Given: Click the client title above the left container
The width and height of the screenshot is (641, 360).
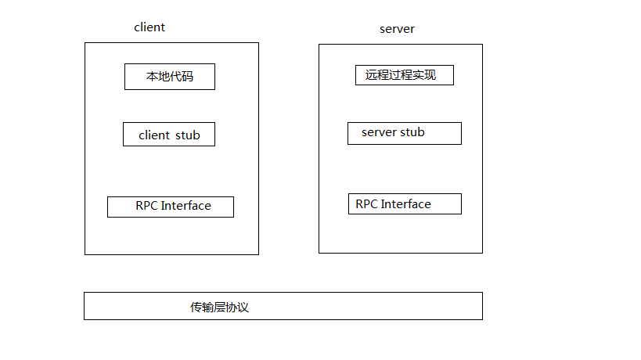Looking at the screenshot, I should [149, 27].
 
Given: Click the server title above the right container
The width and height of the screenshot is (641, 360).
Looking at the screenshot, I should [397, 29].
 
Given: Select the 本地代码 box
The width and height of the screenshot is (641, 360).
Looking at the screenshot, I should [169, 77].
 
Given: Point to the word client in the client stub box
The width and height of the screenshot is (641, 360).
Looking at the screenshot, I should [154, 135].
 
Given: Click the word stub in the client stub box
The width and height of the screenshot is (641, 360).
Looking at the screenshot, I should [188, 135].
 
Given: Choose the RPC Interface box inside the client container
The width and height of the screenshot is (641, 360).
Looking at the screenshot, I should [171, 207].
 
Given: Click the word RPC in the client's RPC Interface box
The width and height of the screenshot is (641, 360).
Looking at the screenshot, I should [146, 206].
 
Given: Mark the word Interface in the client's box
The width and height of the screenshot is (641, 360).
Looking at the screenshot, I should [186, 206].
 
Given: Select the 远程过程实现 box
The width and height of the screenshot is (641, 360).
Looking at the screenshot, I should [404, 75].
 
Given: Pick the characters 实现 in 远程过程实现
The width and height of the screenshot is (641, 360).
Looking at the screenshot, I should [423, 75].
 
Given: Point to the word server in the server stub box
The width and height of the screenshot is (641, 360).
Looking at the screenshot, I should [379, 132].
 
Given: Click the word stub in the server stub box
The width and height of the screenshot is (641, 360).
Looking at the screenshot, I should [412, 132].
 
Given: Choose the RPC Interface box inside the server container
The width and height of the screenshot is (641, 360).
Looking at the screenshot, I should [405, 204].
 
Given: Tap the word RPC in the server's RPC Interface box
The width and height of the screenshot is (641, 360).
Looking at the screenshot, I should [366, 204].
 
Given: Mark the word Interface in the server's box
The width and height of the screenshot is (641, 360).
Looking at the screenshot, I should [406, 204].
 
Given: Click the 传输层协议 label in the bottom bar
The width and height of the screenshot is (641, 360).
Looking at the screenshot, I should [219, 308].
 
